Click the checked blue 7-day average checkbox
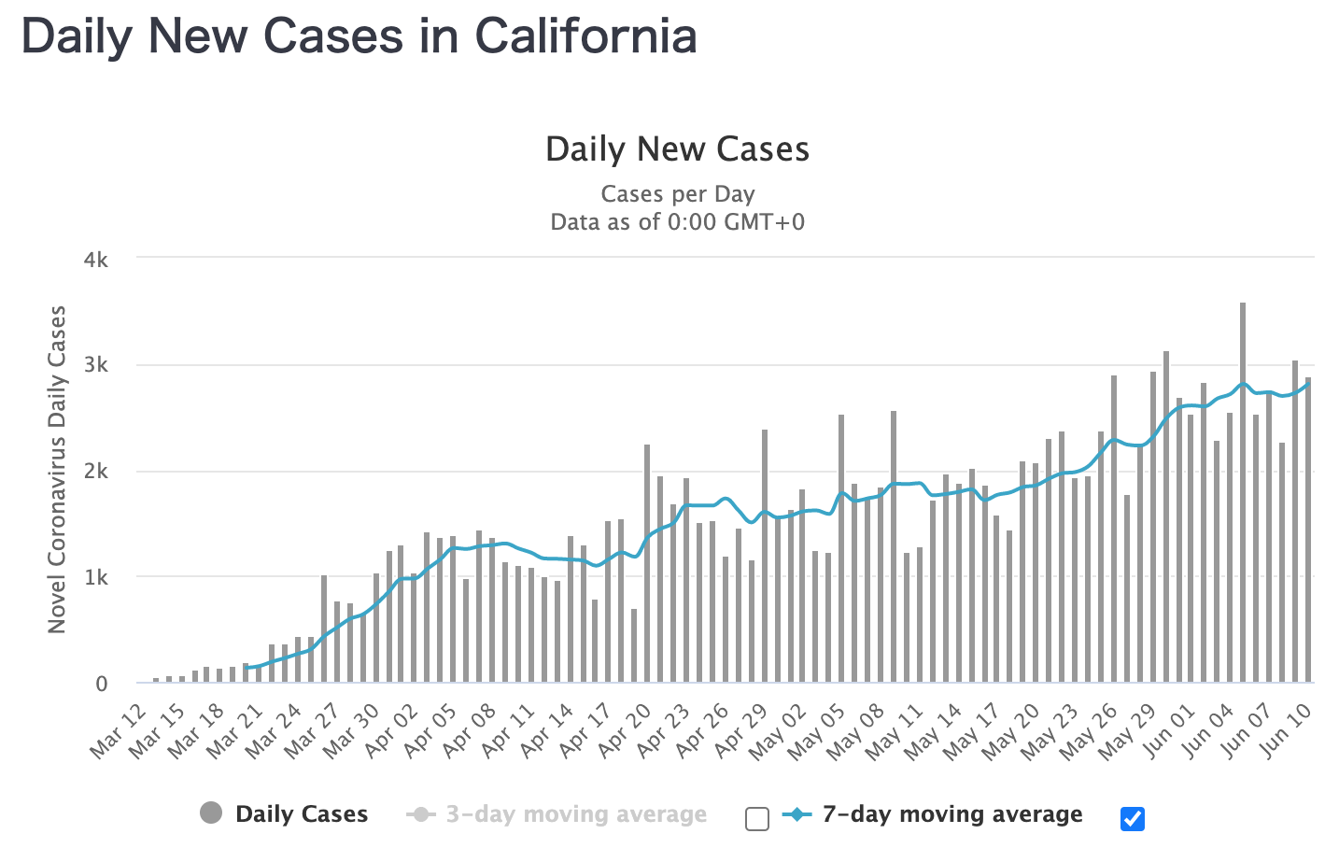(1132, 819)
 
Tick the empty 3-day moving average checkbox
(757, 819)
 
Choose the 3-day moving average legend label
(575, 814)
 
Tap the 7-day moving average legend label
(951, 814)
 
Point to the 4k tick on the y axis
(96, 260)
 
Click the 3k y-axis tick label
(96, 365)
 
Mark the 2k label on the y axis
(96, 472)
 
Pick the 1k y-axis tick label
(96, 578)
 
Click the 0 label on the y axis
(102, 684)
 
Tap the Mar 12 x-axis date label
(120, 731)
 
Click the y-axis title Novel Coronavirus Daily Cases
(58, 470)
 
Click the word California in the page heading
(585, 36)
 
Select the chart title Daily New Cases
(677, 149)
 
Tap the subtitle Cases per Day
(677, 194)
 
